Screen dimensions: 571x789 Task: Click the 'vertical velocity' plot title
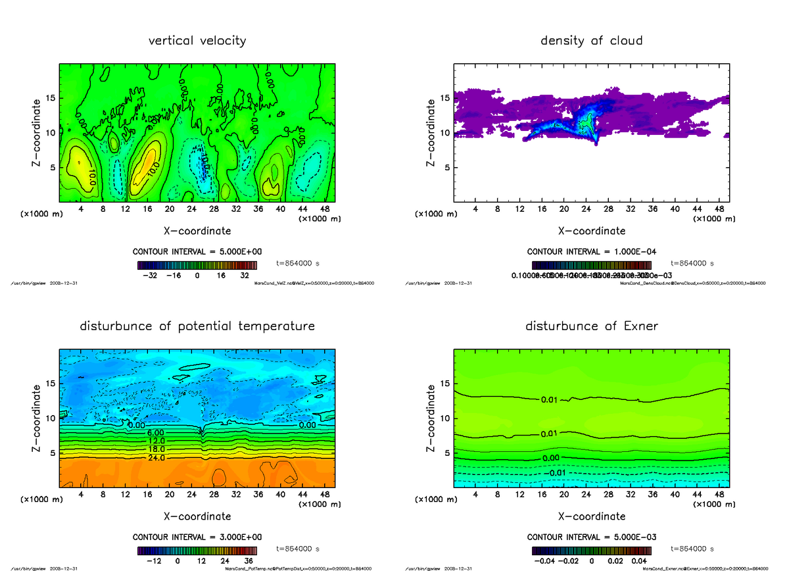pos(197,41)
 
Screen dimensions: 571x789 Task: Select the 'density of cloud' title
pos(591,41)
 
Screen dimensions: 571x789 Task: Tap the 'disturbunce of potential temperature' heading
pos(197,326)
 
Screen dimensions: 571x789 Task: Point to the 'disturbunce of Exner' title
pos(591,326)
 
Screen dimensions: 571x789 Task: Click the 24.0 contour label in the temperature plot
pos(156,457)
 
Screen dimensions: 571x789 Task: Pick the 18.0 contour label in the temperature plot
pos(156,449)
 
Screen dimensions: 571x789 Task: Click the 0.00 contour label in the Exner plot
pos(551,457)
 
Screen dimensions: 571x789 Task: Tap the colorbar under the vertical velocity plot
pos(197,266)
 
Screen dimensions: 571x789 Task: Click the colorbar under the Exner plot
pos(591,551)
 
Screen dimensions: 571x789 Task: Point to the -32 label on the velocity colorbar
pos(154,276)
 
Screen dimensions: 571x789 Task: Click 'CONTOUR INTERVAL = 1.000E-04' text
pos(591,251)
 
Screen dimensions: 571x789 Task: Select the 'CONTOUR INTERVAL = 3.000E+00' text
pos(197,537)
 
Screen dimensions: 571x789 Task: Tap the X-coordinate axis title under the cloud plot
pos(591,231)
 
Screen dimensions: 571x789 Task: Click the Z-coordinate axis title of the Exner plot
pos(431,418)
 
